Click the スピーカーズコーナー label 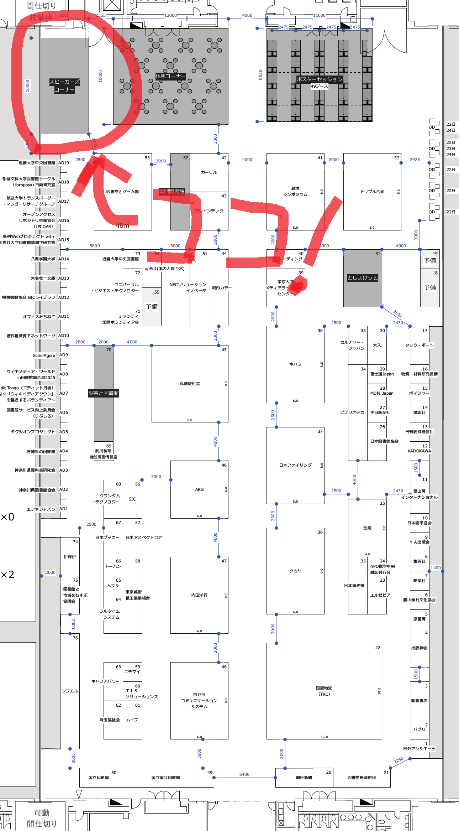pyautogui.click(x=64, y=86)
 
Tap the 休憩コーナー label pyautogui.click(x=170, y=76)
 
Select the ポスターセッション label pyautogui.click(x=319, y=79)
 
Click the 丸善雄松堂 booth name pyautogui.click(x=190, y=384)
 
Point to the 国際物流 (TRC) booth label pyautogui.click(x=324, y=691)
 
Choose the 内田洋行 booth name pyautogui.click(x=199, y=595)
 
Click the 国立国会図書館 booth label pyautogui.click(x=165, y=778)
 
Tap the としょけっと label pyautogui.click(x=363, y=278)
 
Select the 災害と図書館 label pyautogui.click(x=104, y=393)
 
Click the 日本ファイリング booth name pyautogui.click(x=295, y=465)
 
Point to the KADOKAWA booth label pyautogui.click(x=419, y=451)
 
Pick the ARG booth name pyautogui.click(x=199, y=489)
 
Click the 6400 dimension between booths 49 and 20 pyautogui.click(x=244, y=774)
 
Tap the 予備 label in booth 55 pyautogui.click(x=152, y=307)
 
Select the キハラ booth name pyautogui.click(x=295, y=364)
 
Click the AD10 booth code pyautogui.click(x=64, y=336)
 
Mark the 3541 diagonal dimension pyautogui.click(x=397, y=313)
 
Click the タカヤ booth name pyautogui.click(x=295, y=571)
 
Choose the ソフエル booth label pyautogui.click(x=70, y=691)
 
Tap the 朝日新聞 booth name pyautogui.click(x=304, y=778)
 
